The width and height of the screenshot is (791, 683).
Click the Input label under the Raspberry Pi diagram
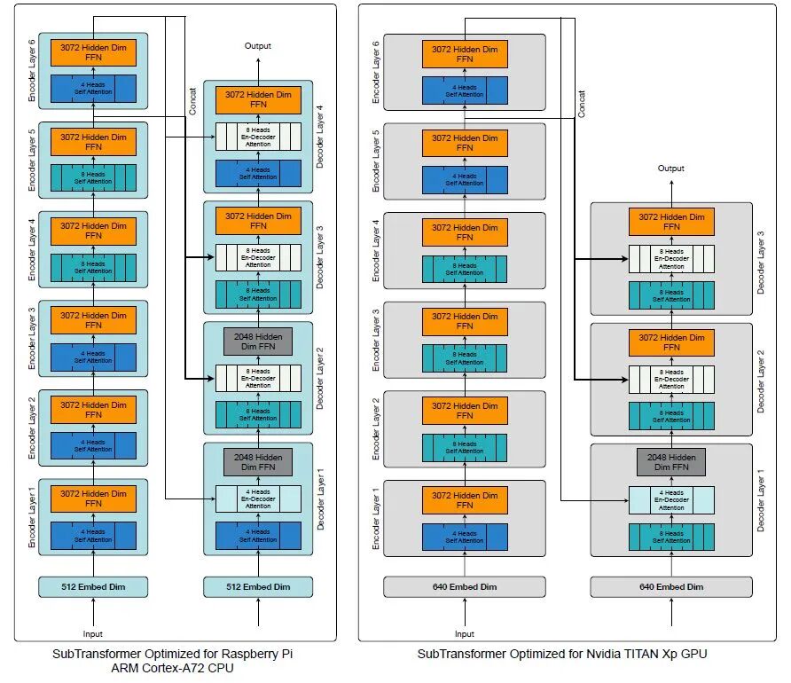tap(93, 633)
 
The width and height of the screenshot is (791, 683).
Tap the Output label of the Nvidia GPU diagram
tap(670, 169)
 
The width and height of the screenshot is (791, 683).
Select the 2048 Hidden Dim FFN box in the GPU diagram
tap(670, 462)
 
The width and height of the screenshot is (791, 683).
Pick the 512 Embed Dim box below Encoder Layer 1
tap(93, 586)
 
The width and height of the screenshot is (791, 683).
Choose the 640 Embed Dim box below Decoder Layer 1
tap(670, 586)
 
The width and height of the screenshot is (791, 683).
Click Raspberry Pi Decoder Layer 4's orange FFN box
tap(258, 99)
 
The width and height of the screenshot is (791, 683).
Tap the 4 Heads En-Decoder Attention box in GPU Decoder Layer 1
tap(670, 500)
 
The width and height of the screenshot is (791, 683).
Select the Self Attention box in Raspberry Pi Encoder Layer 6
tap(93, 89)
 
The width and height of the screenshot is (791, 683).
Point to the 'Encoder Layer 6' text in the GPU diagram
tap(376, 73)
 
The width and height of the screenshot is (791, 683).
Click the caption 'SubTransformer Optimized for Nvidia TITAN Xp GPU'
tap(562, 654)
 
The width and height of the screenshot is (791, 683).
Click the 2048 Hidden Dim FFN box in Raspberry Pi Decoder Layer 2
tap(258, 341)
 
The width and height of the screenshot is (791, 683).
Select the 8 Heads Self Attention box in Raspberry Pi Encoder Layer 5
tap(93, 178)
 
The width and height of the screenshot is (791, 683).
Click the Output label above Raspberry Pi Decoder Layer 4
tap(258, 46)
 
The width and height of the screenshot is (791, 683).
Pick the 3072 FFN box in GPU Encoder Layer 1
tap(465, 500)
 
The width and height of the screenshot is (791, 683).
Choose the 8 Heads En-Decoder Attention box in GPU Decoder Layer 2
tap(670, 379)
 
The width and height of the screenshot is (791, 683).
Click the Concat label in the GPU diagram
tap(582, 104)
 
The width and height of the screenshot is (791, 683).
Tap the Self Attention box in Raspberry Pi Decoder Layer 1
tap(258, 535)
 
